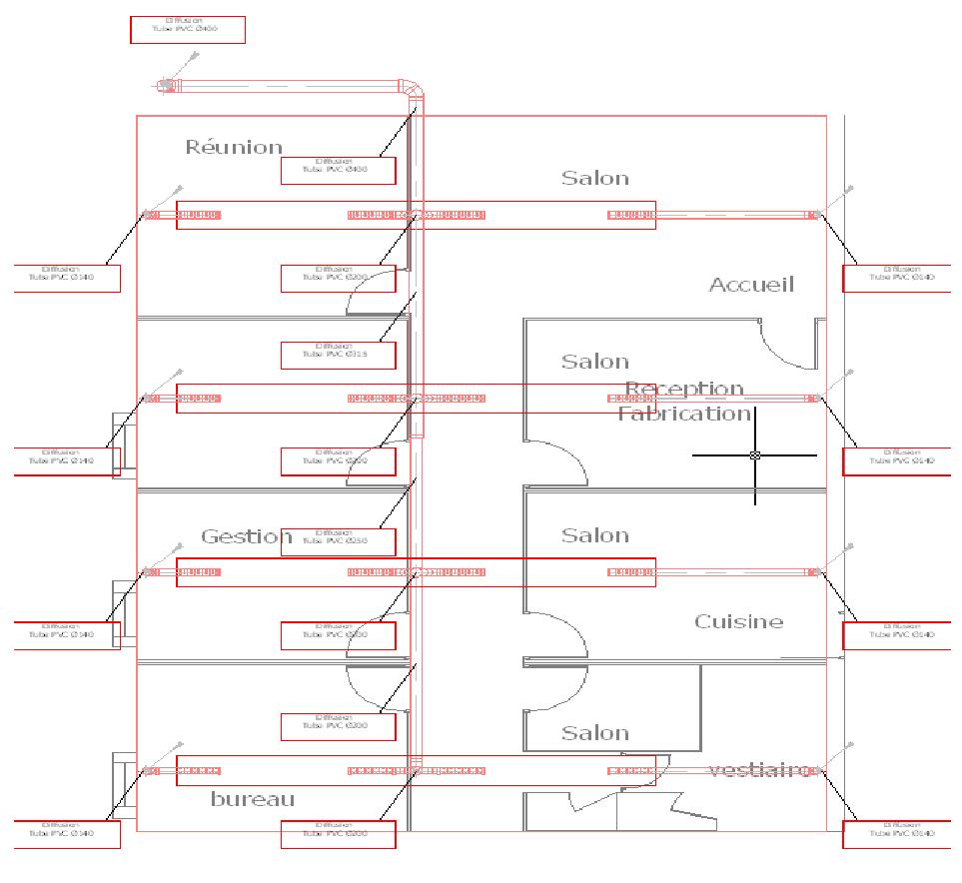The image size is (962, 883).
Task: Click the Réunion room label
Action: pyautogui.click(x=234, y=148)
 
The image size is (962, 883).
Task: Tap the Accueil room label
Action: pyautogui.click(x=751, y=285)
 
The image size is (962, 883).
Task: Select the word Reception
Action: pyautogui.click(x=684, y=389)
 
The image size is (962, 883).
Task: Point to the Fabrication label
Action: pyautogui.click(x=683, y=413)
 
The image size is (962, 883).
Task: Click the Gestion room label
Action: pyautogui.click(x=246, y=536)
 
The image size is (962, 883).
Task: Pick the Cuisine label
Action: pyautogui.click(x=738, y=621)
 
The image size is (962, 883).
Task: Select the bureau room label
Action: pyautogui.click(x=253, y=799)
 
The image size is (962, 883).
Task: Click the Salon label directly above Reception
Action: pyautogui.click(x=594, y=362)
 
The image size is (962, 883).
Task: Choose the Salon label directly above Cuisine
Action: pyautogui.click(x=594, y=535)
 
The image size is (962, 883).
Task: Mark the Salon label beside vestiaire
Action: pyautogui.click(x=594, y=733)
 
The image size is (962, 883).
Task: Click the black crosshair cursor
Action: pyautogui.click(x=755, y=455)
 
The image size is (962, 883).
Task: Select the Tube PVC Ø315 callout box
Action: pyautogui.click(x=338, y=355)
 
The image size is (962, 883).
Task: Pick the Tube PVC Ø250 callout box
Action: pyautogui.click(x=338, y=541)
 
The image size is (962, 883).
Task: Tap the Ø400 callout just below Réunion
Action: pyautogui.click(x=338, y=171)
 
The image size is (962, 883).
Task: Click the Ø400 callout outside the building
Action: pyautogui.click(x=188, y=30)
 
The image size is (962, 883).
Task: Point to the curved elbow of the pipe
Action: pyautogui.click(x=414, y=88)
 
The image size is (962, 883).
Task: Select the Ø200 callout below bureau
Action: pyautogui.click(x=338, y=834)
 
